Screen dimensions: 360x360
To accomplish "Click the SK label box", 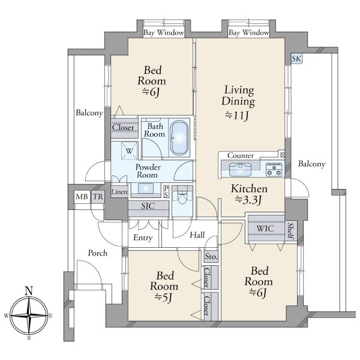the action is click(296, 59).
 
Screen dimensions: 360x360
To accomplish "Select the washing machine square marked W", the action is click(130, 151).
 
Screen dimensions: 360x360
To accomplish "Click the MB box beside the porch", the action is click(82, 197).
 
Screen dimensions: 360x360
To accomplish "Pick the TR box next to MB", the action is click(98, 197).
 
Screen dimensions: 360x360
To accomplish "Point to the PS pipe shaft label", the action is click(166, 191).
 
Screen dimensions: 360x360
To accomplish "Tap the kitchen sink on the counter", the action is click(240, 169).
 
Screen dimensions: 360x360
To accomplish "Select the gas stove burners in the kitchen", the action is click(274, 169).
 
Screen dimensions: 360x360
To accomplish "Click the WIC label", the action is click(265, 229).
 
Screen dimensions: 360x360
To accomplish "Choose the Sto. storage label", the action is click(211, 256).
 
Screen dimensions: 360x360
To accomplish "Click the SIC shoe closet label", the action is click(148, 206).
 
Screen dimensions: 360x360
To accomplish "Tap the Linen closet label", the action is click(119, 192).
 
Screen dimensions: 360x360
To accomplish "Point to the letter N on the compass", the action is click(29, 291).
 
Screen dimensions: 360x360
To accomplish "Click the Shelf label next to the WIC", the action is click(290, 231).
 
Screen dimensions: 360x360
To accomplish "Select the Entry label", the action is click(143, 238).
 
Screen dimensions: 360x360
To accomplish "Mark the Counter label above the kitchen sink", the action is click(241, 155).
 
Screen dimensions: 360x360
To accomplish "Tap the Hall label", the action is click(197, 235).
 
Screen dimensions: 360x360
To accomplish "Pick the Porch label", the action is click(98, 253).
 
